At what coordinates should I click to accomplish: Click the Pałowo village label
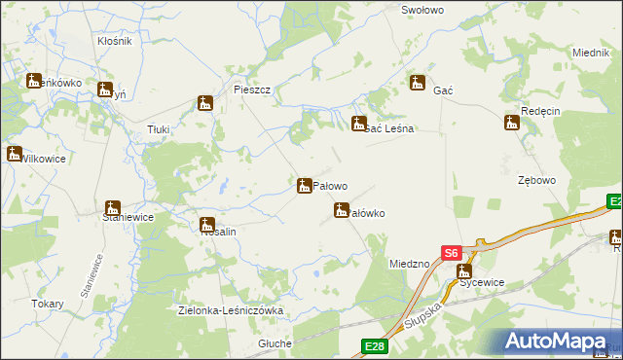click(331, 185)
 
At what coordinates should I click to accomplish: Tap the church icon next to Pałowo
click(305, 184)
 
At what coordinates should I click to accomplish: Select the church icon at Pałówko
click(342, 209)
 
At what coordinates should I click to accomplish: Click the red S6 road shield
click(450, 252)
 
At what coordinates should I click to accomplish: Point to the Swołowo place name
click(422, 9)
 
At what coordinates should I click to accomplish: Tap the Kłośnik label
click(115, 42)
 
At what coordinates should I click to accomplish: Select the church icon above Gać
click(418, 83)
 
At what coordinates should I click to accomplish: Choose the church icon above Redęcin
click(512, 123)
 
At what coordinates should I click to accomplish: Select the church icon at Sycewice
click(465, 271)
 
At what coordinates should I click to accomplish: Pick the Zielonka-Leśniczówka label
click(231, 310)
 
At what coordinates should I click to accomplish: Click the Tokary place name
click(47, 304)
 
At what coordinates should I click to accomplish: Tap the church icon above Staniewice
click(112, 208)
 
